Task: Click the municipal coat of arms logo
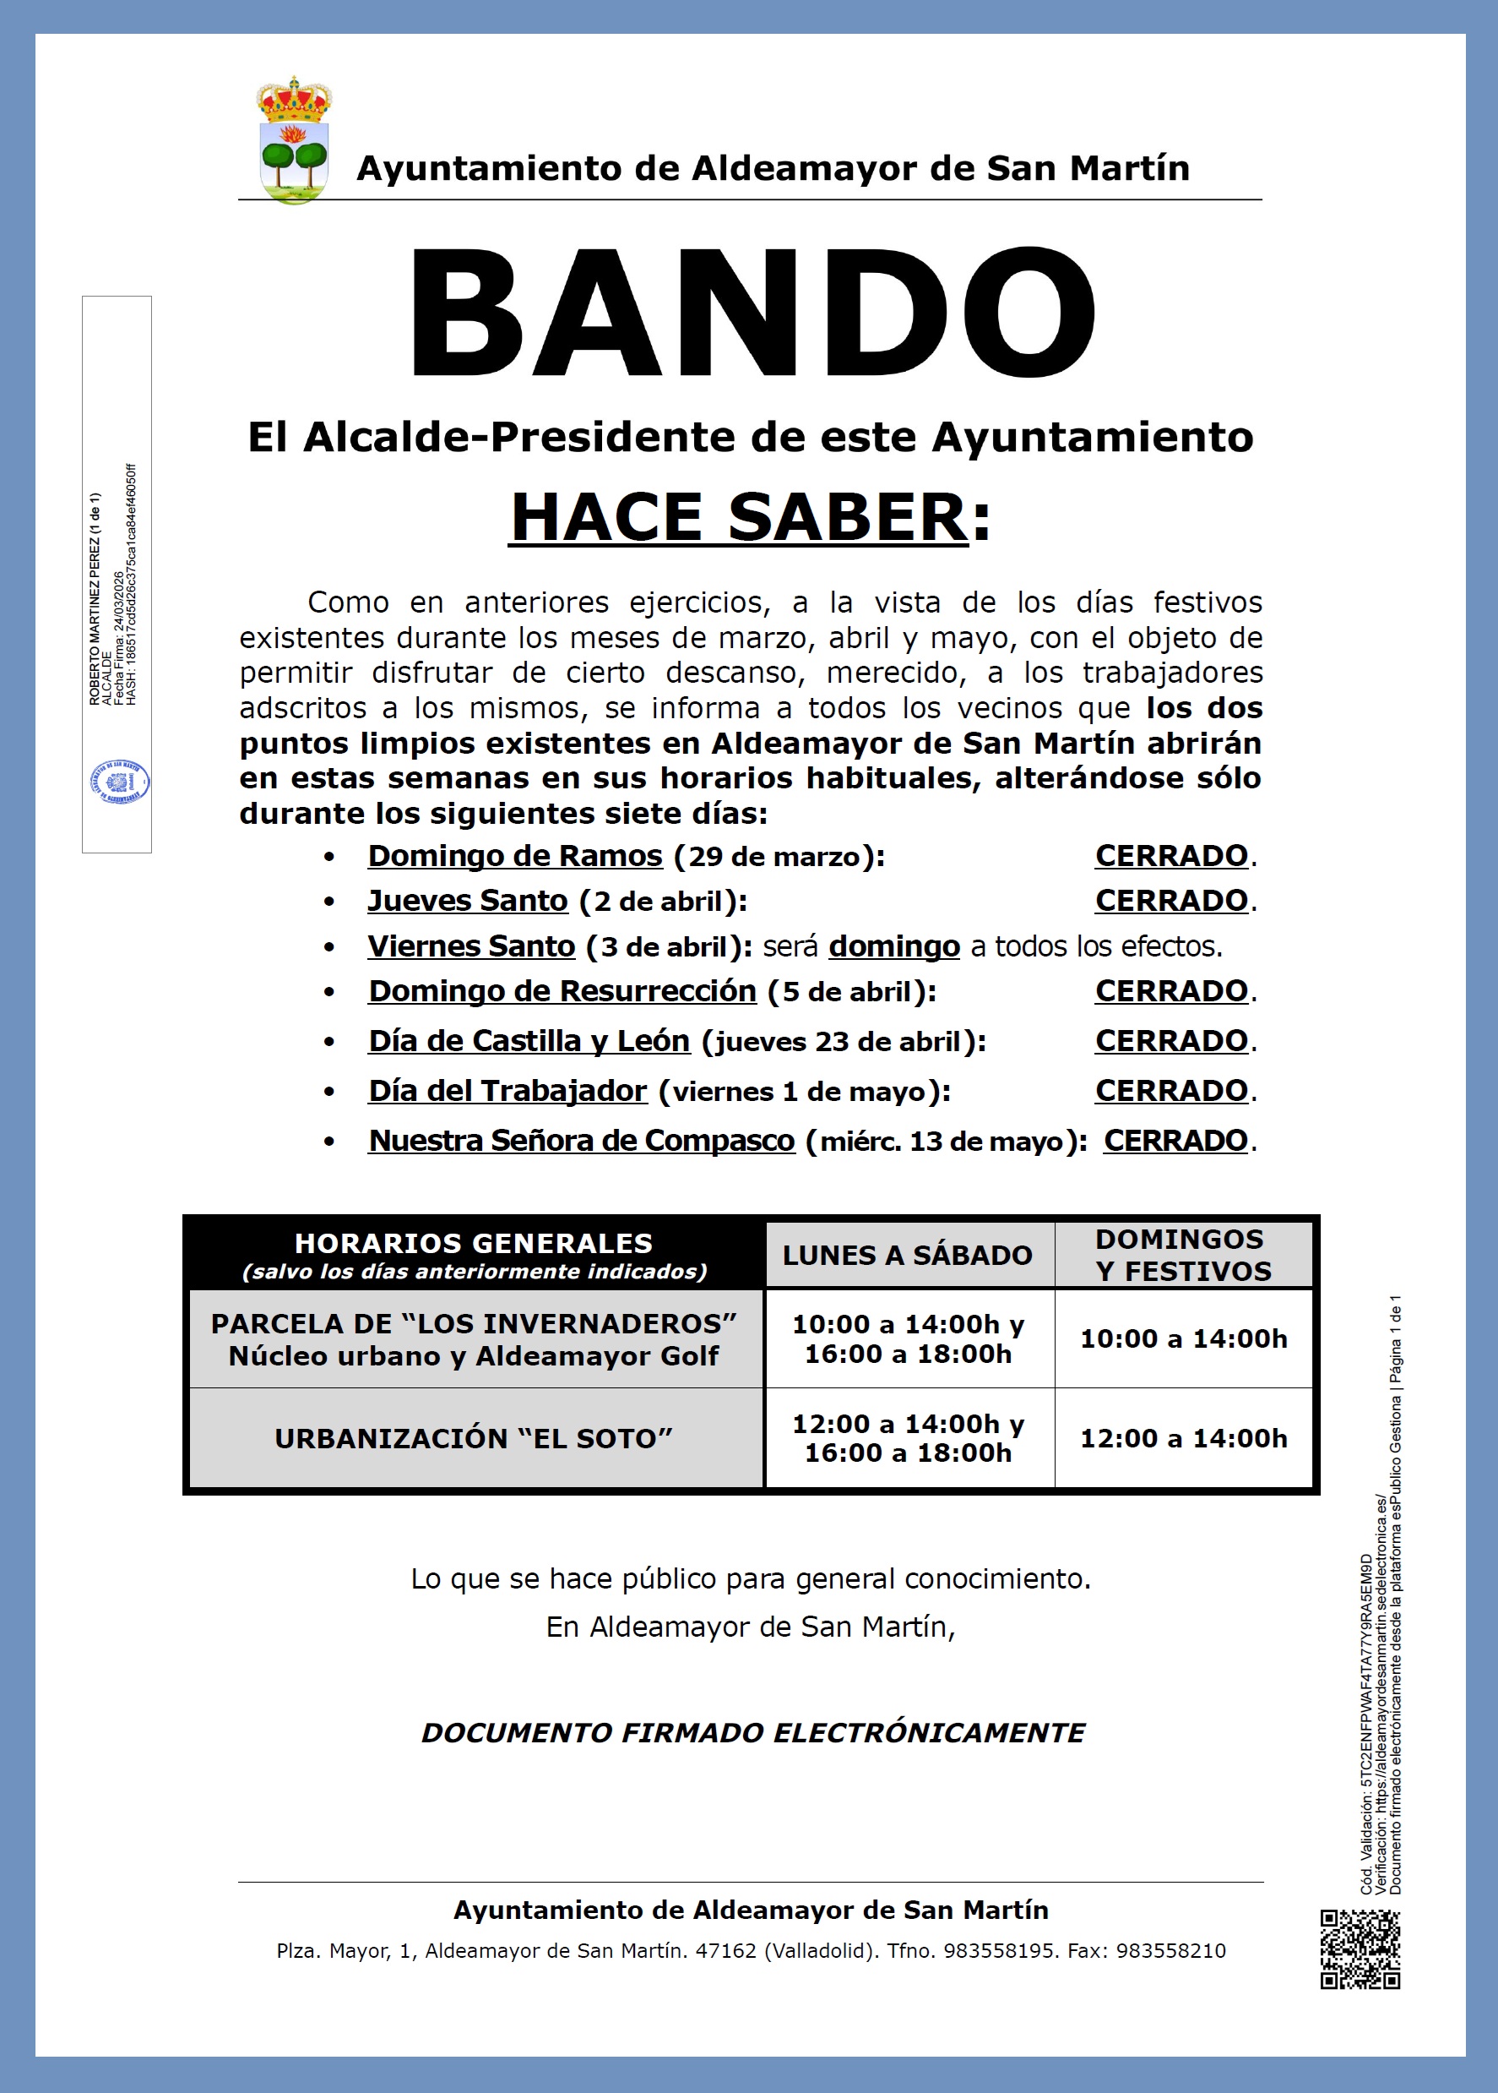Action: pyautogui.click(x=294, y=140)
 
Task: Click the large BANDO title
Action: pyautogui.click(x=751, y=314)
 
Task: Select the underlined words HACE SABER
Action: pyautogui.click(x=738, y=518)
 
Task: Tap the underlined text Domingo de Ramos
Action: pyautogui.click(x=515, y=857)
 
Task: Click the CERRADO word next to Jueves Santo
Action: pyautogui.click(x=1170, y=901)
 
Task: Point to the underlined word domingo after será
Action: pyautogui.click(x=894, y=947)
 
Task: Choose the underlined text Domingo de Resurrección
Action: pyautogui.click(x=562, y=992)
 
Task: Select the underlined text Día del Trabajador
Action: pyautogui.click(x=507, y=1092)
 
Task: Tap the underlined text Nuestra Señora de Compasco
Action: pyautogui.click(x=581, y=1142)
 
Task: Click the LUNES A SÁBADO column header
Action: pyautogui.click(x=907, y=1255)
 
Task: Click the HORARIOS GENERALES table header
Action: pyautogui.click(x=473, y=1255)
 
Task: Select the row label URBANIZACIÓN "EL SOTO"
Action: pyautogui.click(x=473, y=1439)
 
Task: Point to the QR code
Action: pyautogui.click(x=1360, y=1950)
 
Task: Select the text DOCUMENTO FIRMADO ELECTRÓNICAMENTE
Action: pyautogui.click(x=752, y=1733)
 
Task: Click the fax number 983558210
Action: pyautogui.click(x=1170, y=1951)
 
